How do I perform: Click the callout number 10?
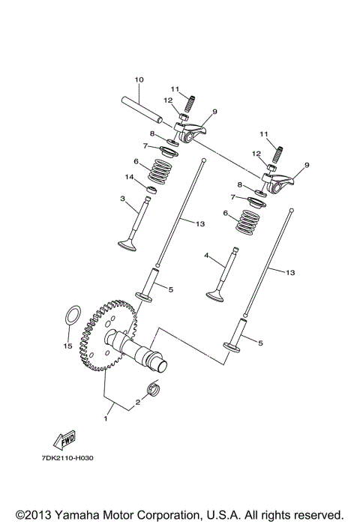tap(139, 80)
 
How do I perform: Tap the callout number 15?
tap(67, 347)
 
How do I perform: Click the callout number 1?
tap(106, 420)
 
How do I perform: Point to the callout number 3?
tap(121, 199)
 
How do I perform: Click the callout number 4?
tap(206, 256)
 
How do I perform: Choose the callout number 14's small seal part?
tap(149, 191)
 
